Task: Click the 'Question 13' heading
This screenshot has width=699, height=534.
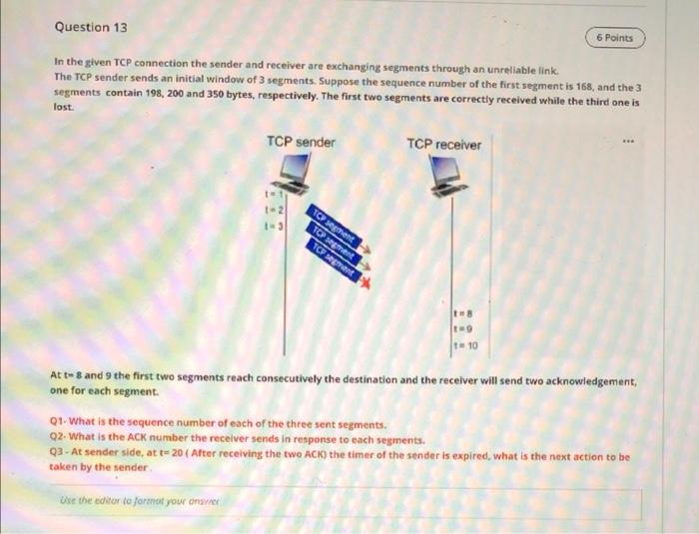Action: tap(84, 27)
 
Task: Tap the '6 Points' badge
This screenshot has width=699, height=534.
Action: tap(614, 38)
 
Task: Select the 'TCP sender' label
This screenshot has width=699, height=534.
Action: tap(302, 142)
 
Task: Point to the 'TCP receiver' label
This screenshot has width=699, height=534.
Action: tap(443, 144)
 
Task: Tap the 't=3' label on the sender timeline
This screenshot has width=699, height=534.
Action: tap(268, 226)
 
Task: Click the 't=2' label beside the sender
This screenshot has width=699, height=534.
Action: tap(268, 211)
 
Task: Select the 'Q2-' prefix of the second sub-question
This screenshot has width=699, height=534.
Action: tap(60, 439)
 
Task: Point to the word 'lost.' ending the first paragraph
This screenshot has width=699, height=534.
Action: tap(64, 116)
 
